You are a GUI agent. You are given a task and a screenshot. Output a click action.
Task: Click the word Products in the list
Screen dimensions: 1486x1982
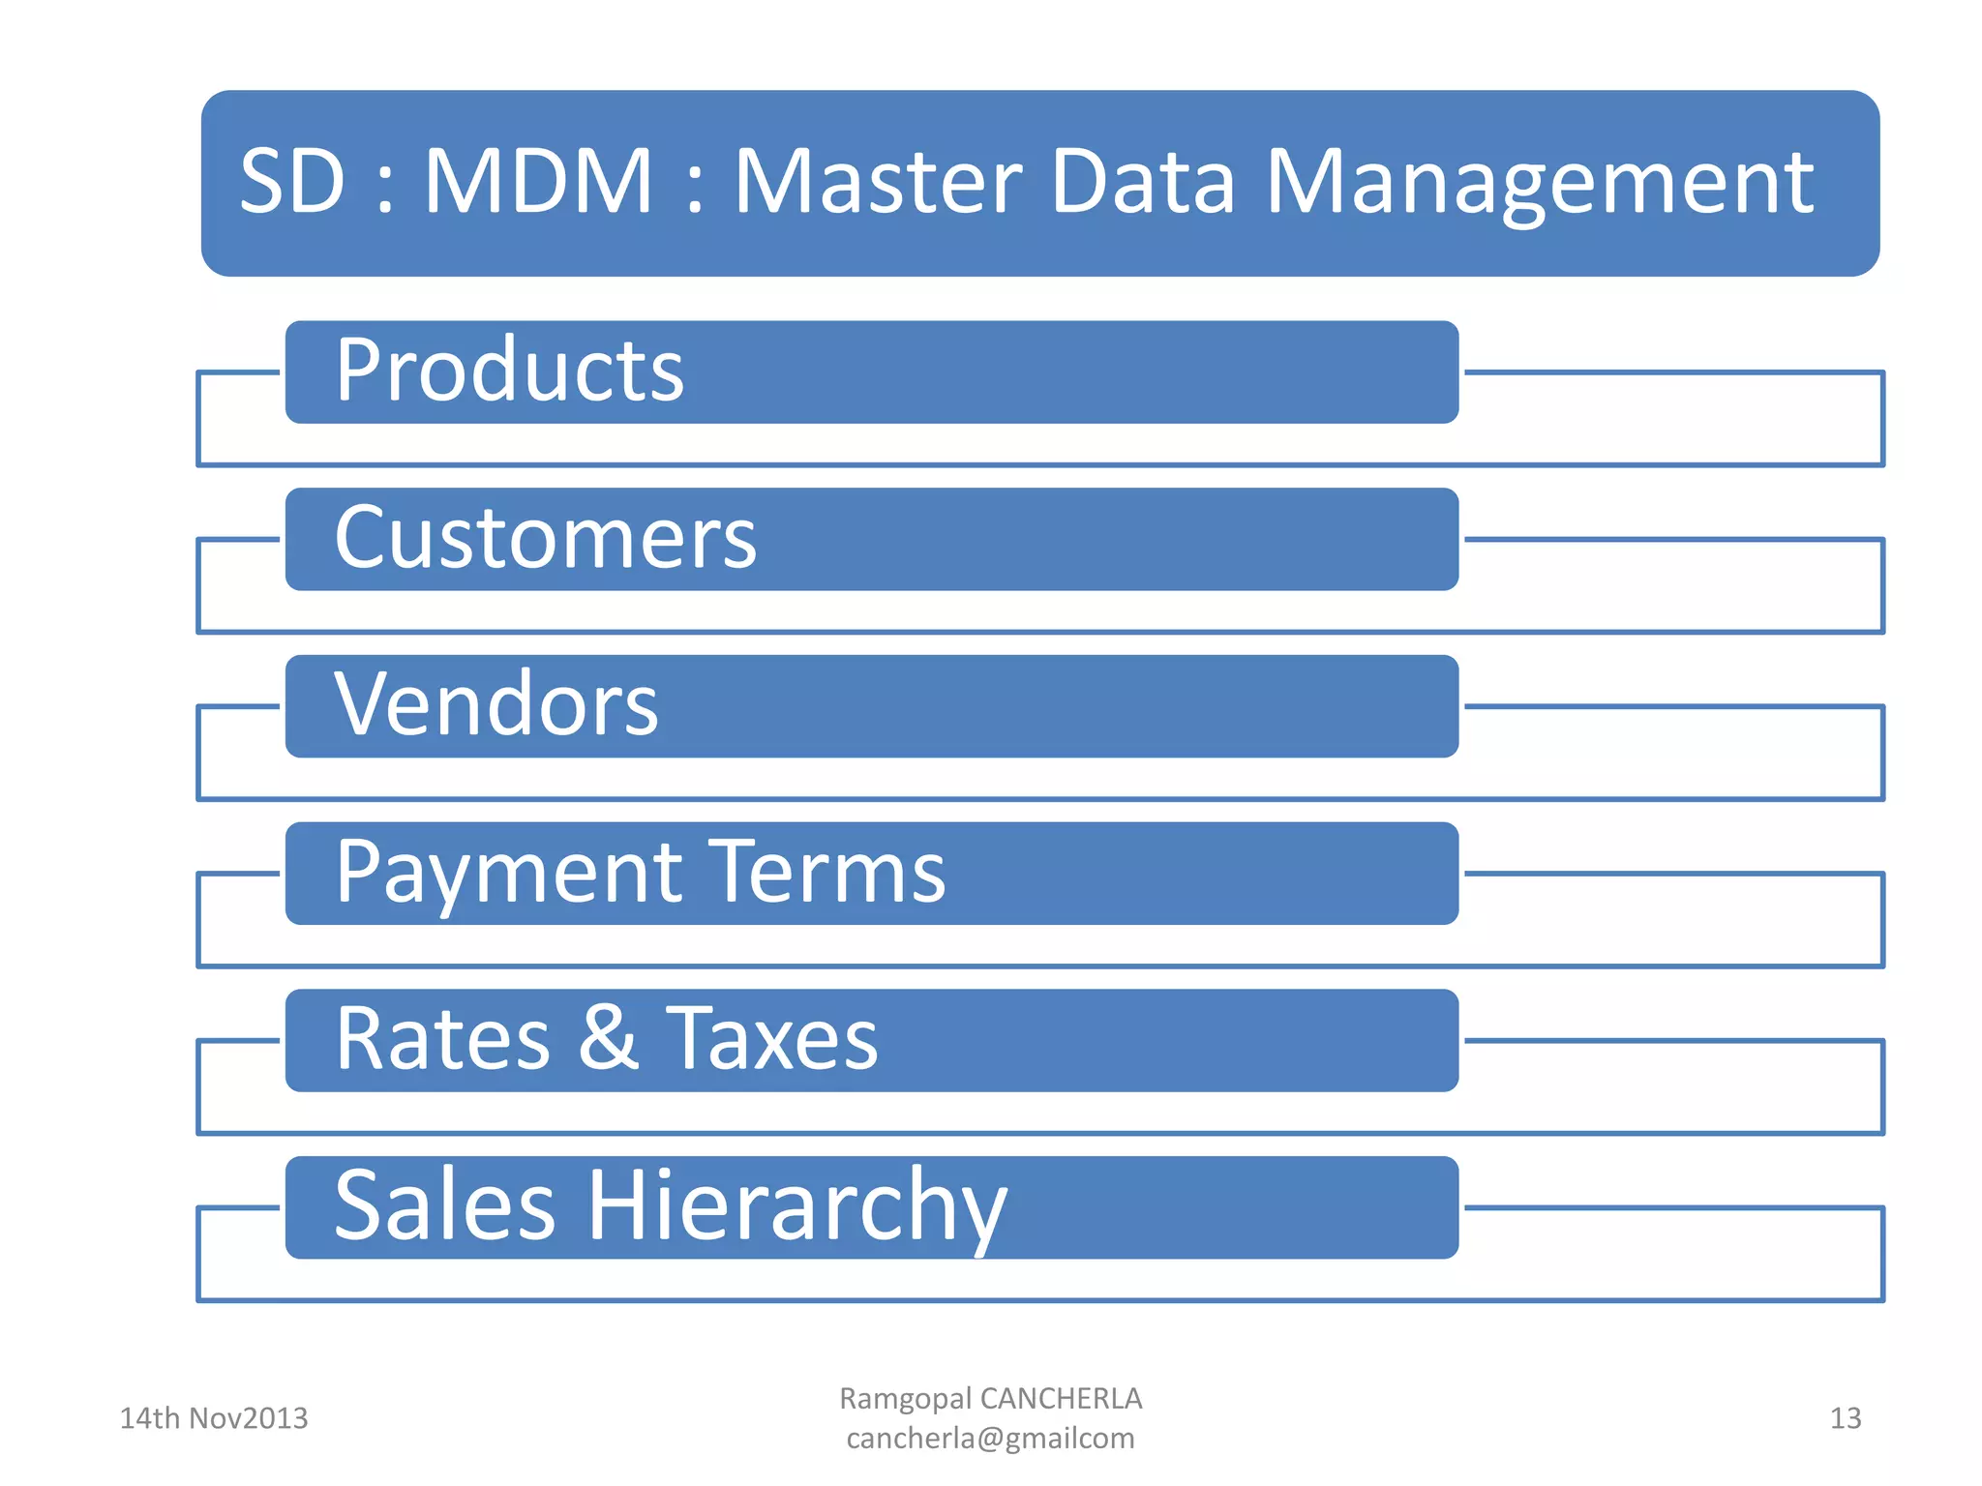(510, 371)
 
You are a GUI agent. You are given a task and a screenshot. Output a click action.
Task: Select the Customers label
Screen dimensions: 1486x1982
(545, 539)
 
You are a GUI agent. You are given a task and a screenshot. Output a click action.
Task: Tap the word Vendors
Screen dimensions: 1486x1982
(496, 705)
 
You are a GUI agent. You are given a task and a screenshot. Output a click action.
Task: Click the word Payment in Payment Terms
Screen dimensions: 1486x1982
(509, 873)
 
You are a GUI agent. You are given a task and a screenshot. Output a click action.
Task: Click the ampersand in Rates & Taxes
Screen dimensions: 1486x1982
(609, 1038)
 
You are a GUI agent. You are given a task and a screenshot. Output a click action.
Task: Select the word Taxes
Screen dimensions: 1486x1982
(772, 1039)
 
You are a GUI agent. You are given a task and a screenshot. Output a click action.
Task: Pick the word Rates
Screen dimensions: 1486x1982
(442, 1039)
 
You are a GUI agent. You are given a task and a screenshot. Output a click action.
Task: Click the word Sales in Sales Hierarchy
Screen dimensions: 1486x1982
(445, 1205)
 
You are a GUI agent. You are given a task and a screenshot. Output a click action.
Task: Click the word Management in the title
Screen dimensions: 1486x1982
(1539, 184)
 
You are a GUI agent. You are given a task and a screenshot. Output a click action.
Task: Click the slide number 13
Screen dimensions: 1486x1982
(1846, 1418)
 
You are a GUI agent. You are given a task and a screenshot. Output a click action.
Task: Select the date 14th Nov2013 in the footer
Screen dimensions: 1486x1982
(214, 1418)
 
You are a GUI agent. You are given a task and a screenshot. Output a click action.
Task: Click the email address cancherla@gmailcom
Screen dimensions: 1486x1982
(990, 1440)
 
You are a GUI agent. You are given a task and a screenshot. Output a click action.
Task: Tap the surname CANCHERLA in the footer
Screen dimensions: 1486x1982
(1061, 1399)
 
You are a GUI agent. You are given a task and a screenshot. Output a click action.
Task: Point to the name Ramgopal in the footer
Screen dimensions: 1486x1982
(905, 1400)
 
